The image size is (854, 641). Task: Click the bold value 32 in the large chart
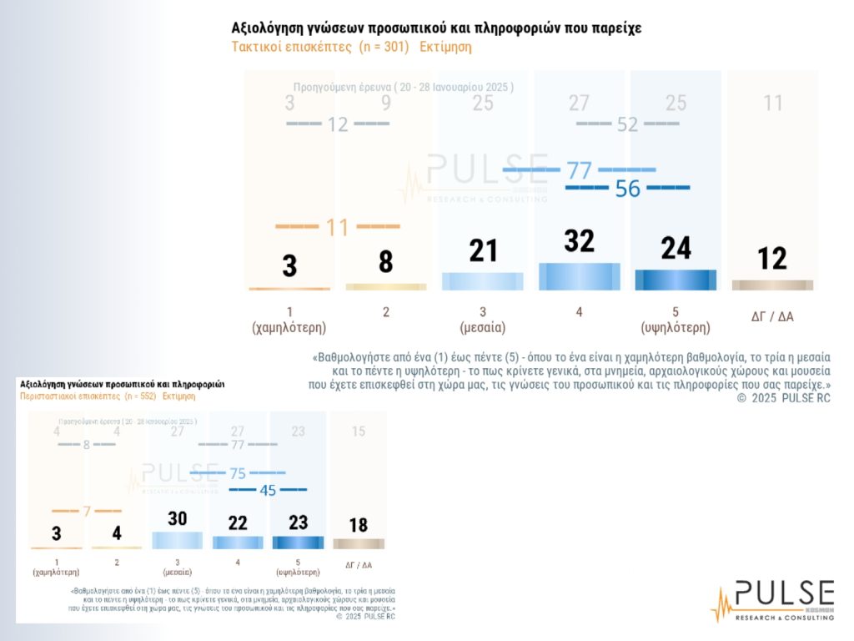579,241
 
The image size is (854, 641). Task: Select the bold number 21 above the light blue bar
482,250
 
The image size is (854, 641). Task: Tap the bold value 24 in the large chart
676,248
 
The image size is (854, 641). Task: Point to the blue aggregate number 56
627,189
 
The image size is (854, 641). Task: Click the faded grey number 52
627,124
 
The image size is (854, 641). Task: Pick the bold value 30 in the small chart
177,518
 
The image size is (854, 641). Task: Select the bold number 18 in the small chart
358,525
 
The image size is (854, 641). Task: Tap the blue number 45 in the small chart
268,490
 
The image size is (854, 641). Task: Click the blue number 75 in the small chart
238,473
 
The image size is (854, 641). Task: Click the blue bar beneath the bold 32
579,276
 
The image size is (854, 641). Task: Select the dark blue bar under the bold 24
676,280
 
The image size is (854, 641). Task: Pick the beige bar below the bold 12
772,285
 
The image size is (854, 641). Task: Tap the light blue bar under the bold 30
177,540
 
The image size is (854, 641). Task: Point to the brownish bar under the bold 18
358,543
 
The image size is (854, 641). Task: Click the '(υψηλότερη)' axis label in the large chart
676,328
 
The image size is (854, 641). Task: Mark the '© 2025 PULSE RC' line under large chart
784,398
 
